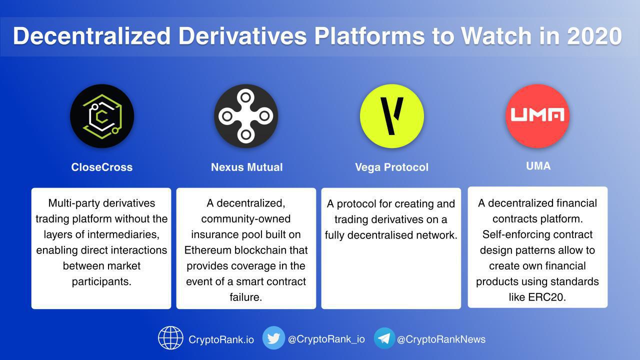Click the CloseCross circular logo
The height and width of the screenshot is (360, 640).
coord(102,116)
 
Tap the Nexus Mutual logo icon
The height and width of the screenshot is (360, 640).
coord(245,116)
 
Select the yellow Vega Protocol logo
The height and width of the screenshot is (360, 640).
coord(391,116)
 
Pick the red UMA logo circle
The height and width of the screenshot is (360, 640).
coord(537,116)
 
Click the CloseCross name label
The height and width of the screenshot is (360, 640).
coord(102,167)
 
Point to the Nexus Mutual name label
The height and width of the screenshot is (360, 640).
coord(247,167)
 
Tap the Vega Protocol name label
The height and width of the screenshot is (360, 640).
coord(391,167)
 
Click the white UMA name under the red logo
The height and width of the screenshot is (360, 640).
coord(538,166)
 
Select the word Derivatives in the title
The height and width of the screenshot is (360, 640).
coord(242,36)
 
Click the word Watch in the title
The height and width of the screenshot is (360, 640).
coord(496,36)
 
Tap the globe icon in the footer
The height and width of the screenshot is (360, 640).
coord(170,338)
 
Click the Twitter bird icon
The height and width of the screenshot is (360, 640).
coord(273,338)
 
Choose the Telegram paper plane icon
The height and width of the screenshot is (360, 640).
coord(384,338)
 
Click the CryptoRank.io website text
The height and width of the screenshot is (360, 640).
coord(221,339)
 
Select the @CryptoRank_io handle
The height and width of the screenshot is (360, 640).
coord(326,339)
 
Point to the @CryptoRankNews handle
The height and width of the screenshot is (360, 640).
coord(441,339)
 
